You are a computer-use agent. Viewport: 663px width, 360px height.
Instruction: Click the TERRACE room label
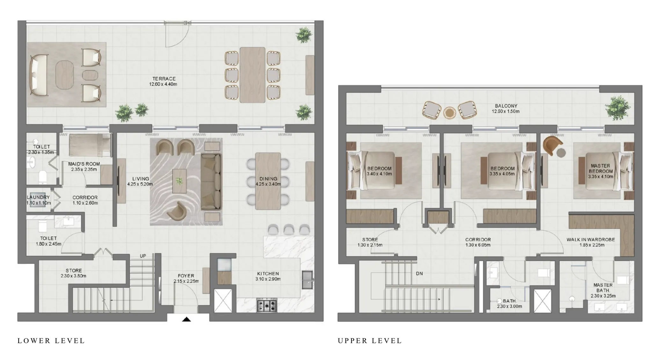164,79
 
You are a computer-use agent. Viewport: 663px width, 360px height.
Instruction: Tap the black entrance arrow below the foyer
186,319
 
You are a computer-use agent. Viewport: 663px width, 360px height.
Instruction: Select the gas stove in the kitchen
267,306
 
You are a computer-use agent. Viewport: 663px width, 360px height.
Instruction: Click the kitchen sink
307,280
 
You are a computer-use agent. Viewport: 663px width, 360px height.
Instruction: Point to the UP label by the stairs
143,256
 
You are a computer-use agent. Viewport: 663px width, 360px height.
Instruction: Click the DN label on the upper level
419,273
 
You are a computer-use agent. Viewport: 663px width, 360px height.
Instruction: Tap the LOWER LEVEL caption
51,341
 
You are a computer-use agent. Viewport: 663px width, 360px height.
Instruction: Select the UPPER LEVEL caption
370,341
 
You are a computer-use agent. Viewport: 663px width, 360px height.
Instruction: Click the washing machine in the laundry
38,200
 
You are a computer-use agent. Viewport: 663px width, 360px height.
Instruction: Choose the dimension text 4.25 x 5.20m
140,184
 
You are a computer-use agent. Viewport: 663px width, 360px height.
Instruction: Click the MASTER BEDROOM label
601,168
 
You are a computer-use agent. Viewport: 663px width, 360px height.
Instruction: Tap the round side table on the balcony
450,112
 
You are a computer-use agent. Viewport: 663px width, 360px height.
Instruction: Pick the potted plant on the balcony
617,108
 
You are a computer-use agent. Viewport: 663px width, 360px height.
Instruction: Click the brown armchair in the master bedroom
552,145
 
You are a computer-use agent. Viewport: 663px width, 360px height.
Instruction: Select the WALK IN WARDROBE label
591,240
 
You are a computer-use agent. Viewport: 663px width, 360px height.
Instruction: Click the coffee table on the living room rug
179,181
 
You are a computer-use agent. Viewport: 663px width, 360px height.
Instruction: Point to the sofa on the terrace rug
39,75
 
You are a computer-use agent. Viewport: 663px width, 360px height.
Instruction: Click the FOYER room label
186,276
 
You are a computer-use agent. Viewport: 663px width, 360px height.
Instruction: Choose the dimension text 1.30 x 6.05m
477,245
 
